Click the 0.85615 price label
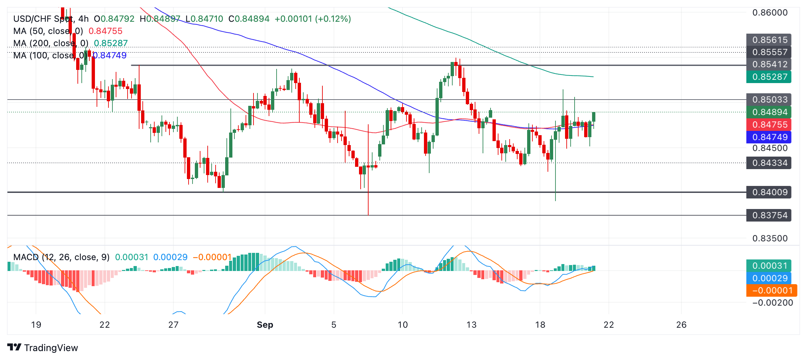coord(769,40)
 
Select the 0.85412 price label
coord(769,64)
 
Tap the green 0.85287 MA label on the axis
coord(769,77)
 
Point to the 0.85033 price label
coord(769,100)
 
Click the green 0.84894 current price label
coord(769,112)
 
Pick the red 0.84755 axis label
coord(769,125)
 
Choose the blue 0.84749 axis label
coord(769,137)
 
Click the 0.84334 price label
coord(769,163)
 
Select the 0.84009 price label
coord(769,192)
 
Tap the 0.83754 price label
coord(769,215)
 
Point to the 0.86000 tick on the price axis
coord(770,13)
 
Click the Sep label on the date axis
coord(265,325)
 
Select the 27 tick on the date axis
coord(173,325)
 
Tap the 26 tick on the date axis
coord(681,325)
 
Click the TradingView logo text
coord(51,348)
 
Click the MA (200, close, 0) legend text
coord(51,43)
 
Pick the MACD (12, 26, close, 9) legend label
coord(61,257)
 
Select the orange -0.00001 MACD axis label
coord(771,290)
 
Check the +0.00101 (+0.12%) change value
coord(313,19)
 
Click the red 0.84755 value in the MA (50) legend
coord(105,31)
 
